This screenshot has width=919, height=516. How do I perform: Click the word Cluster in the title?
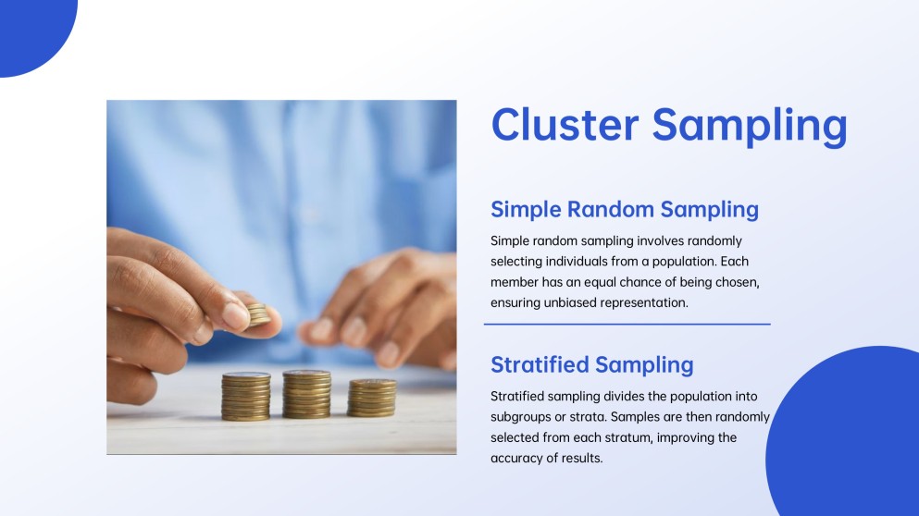(565, 124)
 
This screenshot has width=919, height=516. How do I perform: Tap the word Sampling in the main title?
(750, 127)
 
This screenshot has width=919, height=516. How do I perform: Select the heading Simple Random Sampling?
(624, 210)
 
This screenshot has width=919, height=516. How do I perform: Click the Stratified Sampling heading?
(592, 365)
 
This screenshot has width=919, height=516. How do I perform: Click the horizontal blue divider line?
(627, 324)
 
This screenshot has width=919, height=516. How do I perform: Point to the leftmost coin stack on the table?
(245, 397)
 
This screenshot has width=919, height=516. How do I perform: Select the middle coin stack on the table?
(306, 394)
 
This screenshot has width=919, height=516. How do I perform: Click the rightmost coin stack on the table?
(372, 398)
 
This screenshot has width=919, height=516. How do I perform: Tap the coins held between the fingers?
(258, 314)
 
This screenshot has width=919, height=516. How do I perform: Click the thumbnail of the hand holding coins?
(281, 277)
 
